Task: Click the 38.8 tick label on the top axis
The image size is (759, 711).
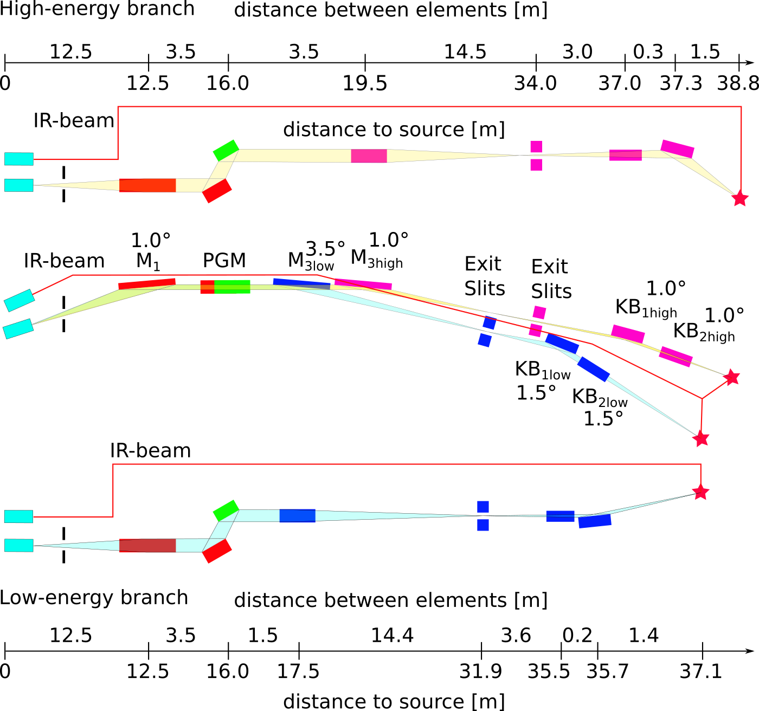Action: tap(738, 83)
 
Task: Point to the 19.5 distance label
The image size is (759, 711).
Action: tap(365, 83)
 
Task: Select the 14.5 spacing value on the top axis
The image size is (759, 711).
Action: tap(465, 52)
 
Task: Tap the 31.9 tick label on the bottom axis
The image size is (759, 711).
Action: tap(481, 671)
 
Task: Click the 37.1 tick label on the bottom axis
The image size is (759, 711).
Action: tap(702, 671)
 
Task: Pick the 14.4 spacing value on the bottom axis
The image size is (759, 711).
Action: tap(393, 635)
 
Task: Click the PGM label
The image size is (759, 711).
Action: tap(224, 261)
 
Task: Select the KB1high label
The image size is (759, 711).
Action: tap(646, 308)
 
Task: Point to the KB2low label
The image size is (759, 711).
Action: tap(600, 397)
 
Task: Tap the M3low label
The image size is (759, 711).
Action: tap(311, 262)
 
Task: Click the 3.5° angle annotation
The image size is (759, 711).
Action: tap(325, 249)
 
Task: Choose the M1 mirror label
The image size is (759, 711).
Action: tap(148, 262)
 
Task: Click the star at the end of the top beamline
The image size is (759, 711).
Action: tap(739, 199)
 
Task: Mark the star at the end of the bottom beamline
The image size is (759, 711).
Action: tap(701, 492)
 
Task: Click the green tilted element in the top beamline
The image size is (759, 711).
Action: tap(226, 150)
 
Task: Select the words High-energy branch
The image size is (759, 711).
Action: tap(97, 9)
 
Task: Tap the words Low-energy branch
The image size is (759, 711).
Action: tap(94, 597)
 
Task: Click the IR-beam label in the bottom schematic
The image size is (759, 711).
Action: tap(150, 450)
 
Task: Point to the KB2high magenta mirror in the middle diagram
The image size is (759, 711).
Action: tap(676, 356)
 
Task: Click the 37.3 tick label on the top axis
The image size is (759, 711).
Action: tap(681, 83)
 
